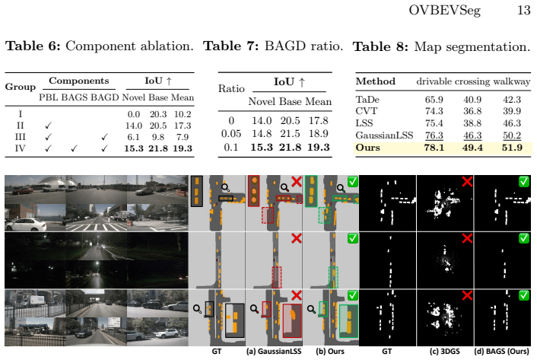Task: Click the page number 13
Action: pos(523,10)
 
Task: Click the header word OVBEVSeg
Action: pos(444,11)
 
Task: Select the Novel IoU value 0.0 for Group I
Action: pos(134,114)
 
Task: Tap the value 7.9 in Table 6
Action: pos(183,137)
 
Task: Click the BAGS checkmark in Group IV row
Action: pos(74,148)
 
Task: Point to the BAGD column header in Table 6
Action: pos(104,97)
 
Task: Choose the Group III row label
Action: pos(21,137)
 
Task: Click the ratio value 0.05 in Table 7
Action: pos(231,134)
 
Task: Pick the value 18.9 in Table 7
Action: pos(319,134)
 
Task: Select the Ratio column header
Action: pos(231,89)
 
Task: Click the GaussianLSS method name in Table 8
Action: pos(384,135)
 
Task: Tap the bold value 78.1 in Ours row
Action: pos(434,148)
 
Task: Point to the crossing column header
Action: pos(472,81)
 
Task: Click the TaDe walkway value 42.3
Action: pos(512,100)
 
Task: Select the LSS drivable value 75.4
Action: pos(434,123)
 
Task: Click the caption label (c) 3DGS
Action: pos(444,352)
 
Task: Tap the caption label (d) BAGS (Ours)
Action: pos(502,352)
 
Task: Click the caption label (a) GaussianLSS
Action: pos(274,352)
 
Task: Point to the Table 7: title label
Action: pos(231,46)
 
